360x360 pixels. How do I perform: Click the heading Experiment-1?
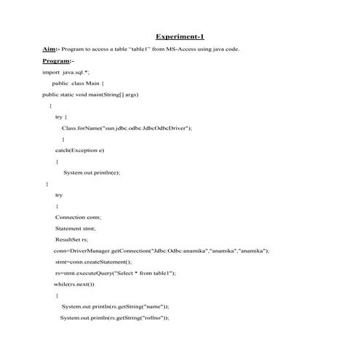180,36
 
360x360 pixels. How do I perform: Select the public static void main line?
90,95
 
